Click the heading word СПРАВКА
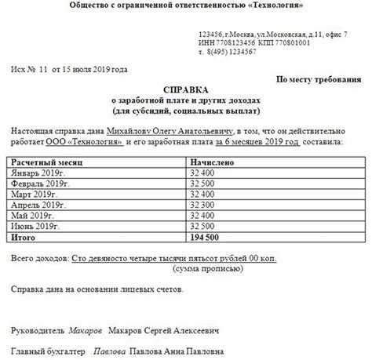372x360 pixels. (186, 92)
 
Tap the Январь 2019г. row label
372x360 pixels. (36, 171)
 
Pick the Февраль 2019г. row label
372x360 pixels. (38, 182)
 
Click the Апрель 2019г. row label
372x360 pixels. (37, 204)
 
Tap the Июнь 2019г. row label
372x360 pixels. (35, 225)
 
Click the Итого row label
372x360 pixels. (25, 236)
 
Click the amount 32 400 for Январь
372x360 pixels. (202, 171)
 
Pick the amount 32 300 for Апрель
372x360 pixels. (202, 204)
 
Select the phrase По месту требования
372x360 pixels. (319, 80)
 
